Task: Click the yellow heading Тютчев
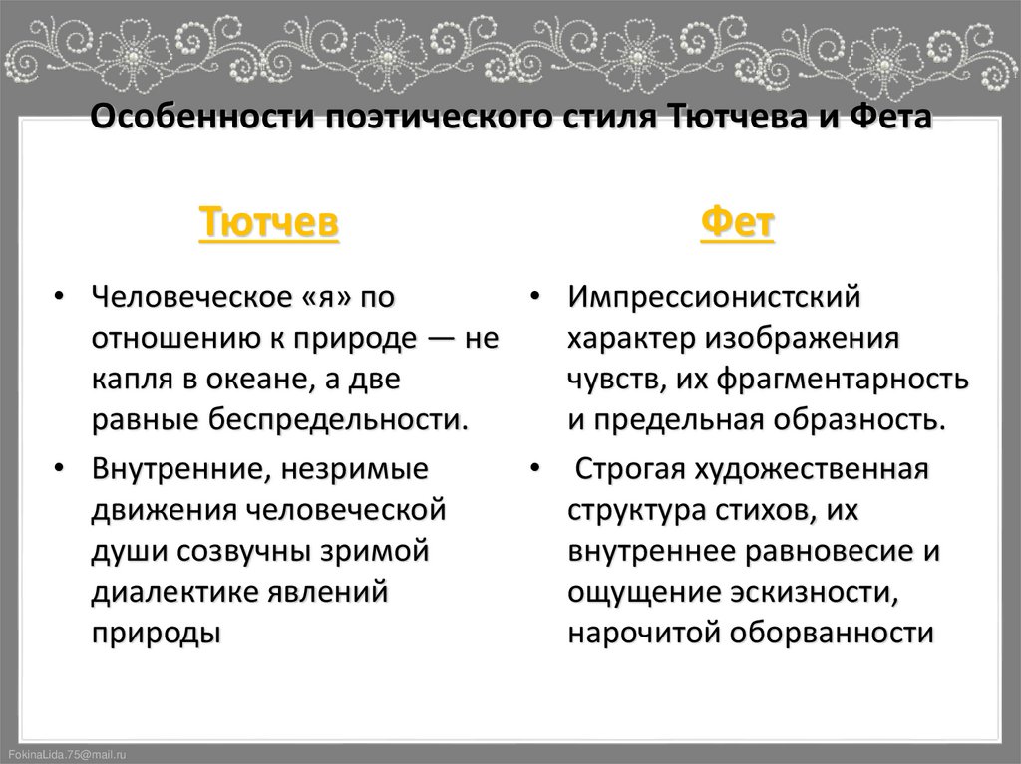click(269, 223)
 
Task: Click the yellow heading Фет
click(738, 223)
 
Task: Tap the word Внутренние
click(177, 467)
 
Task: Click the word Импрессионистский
click(714, 297)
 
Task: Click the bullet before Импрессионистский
click(535, 298)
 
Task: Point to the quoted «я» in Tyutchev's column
click(318, 297)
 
